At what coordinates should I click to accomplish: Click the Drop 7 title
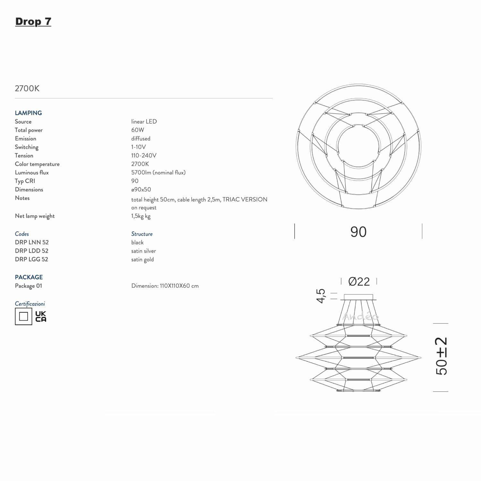[33, 21]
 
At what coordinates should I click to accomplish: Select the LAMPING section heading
[28, 113]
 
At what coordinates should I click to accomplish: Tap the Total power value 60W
[138, 130]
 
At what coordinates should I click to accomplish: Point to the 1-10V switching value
[139, 147]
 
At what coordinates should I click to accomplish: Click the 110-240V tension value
[144, 156]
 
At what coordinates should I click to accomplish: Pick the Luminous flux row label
[32, 173]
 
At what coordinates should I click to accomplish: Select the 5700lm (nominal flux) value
[158, 173]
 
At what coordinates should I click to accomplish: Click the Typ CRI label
[25, 181]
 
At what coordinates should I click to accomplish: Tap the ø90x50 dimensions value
[141, 190]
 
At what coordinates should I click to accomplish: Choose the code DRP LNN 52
[32, 242]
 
